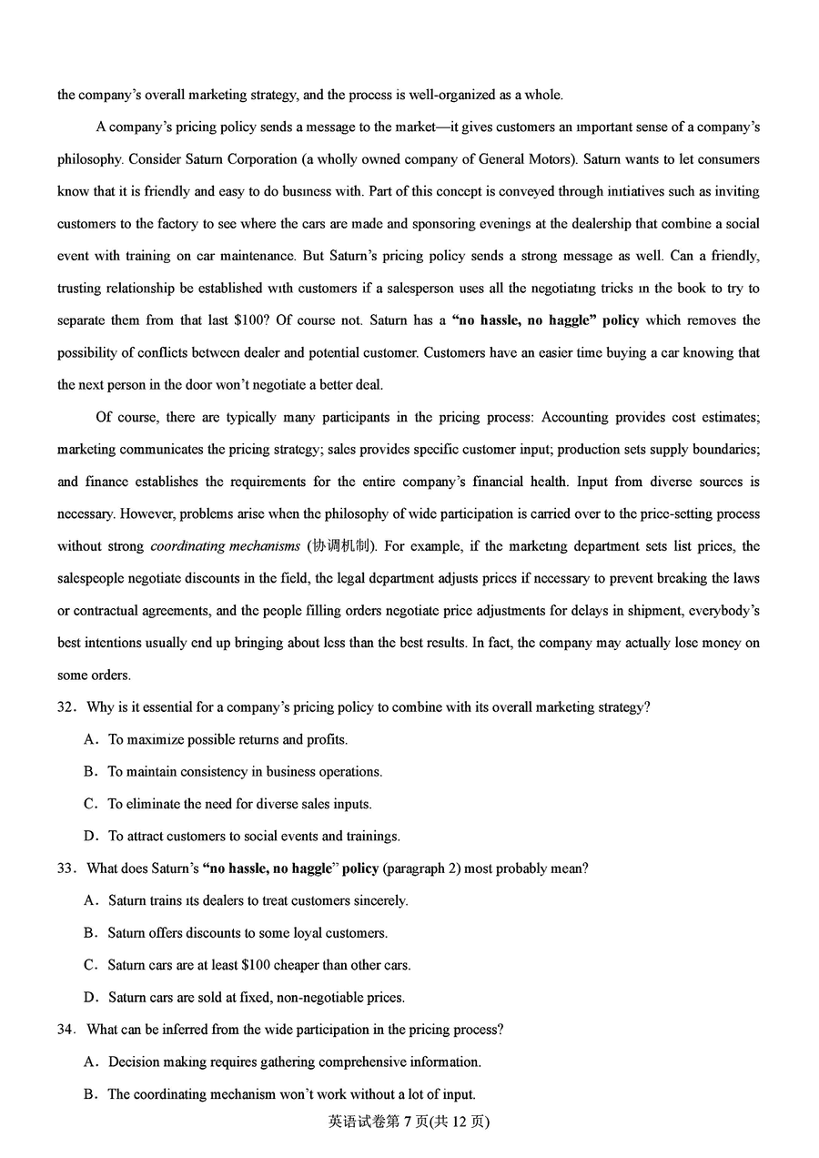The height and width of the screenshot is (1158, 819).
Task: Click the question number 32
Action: coord(66,707)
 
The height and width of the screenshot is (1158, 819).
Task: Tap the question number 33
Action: coord(66,868)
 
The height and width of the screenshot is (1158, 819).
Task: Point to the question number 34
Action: coord(66,1030)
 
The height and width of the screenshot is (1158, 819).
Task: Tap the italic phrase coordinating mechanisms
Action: coord(225,546)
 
